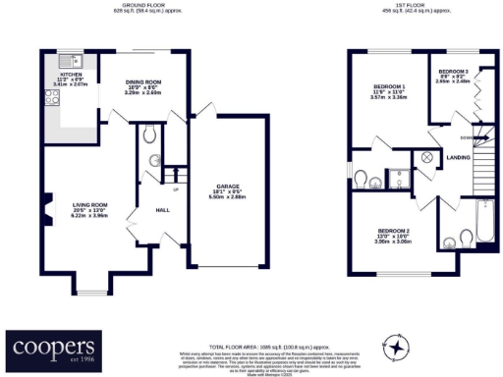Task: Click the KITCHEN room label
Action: tap(70, 74)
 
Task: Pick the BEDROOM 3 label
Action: tap(453, 72)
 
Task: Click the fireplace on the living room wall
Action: tap(45, 209)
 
